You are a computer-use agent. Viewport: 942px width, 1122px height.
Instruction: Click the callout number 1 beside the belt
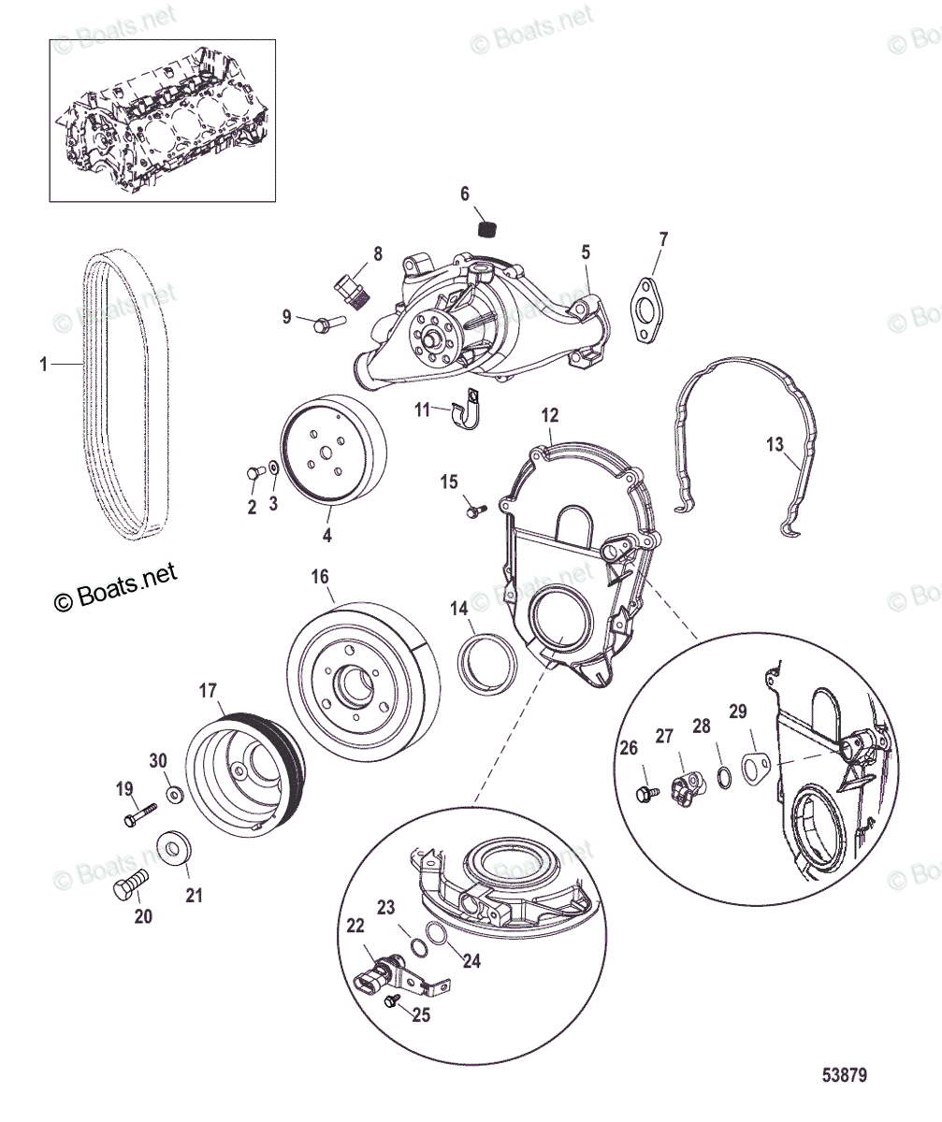click(x=43, y=364)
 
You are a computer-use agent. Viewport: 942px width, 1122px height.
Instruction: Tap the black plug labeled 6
click(x=485, y=227)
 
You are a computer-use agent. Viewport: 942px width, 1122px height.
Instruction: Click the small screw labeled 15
click(x=475, y=511)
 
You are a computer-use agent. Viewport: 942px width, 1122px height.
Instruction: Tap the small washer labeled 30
click(x=175, y=795)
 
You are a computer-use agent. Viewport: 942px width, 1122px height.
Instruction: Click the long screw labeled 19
click(x=137, y=815)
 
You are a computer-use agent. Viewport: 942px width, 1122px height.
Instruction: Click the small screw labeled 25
click(x=394, y=1001)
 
